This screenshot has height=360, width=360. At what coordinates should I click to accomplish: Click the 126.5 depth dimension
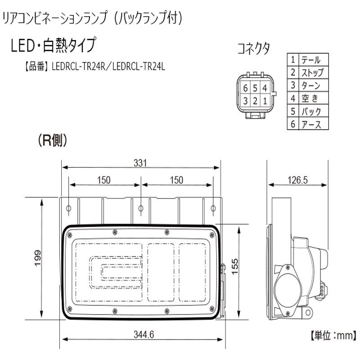[297, 180]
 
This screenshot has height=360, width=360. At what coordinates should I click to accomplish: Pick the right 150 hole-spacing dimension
[176, 180]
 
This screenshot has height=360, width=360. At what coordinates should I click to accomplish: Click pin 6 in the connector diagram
[245, 88]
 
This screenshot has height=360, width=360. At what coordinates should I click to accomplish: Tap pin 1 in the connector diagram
[265, 100]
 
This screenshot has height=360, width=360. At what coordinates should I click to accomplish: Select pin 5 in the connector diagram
[255, 88]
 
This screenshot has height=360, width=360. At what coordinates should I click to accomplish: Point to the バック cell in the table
[311, 111]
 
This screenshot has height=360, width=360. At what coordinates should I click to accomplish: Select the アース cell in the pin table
[311, 124]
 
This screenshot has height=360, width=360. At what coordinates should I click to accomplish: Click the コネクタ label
[254, 49]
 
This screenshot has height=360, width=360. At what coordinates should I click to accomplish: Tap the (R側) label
[52, 141]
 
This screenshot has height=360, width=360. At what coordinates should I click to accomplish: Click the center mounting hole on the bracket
[141, 209]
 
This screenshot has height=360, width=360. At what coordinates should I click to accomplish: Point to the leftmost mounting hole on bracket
[68, 209]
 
